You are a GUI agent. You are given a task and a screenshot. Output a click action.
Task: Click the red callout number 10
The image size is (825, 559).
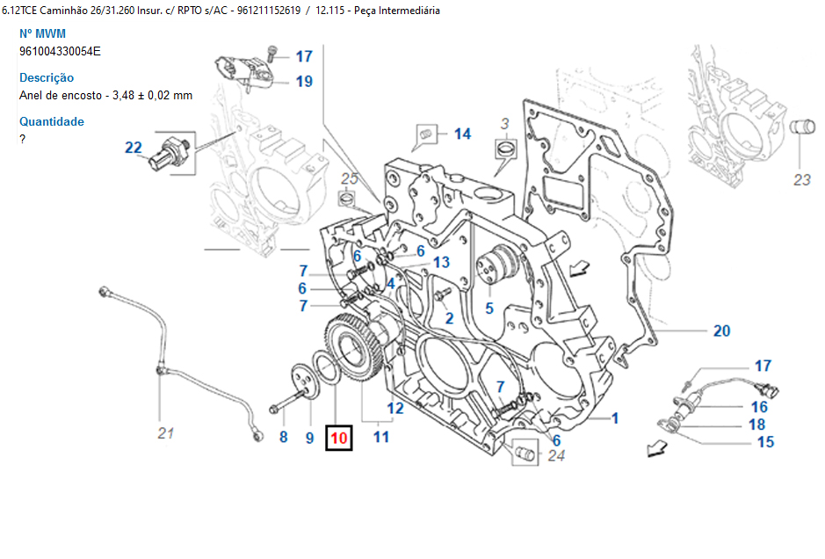click(x=338, y=437)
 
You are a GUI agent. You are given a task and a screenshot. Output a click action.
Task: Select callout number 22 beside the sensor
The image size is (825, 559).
click(x=134, y=148)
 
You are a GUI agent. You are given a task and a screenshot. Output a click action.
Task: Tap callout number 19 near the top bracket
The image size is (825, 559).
click(x=304, y=82)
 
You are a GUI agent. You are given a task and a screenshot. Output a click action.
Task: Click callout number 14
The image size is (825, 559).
click(x=462, y=134)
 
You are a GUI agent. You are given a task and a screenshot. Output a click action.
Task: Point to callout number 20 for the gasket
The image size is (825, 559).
click(x=721, y=331)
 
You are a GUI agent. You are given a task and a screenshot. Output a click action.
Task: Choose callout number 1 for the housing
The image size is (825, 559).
click(x=615, y=418)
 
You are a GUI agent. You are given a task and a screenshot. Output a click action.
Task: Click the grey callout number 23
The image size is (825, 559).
click(x=801, y=181)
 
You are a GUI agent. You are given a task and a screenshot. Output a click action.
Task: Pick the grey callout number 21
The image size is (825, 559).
click(x=167, y=432)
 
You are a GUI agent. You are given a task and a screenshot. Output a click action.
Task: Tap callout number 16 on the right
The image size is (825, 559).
click(x=759, y=407)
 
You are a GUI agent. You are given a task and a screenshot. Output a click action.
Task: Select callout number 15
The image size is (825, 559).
click(x=765, y=441)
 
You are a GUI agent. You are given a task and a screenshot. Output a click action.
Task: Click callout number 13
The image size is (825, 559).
click(x=441, y=262)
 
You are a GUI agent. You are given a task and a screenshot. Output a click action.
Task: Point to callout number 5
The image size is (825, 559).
click(x=489, y=309)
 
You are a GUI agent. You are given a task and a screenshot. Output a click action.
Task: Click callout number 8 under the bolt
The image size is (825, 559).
click(x=283, y=437)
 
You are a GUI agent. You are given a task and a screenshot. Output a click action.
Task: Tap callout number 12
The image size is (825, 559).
click(x=395, y=408)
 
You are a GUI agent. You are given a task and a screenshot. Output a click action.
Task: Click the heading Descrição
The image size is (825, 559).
click(x=47, y=77)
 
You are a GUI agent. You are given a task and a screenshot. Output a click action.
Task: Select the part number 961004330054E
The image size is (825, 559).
click(x=60, y=51)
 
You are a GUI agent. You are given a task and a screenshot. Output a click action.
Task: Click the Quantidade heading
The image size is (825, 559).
click(x=52, y=121)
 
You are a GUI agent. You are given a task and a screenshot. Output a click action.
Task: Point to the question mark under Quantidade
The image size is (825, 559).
click(x=23, y=139)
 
